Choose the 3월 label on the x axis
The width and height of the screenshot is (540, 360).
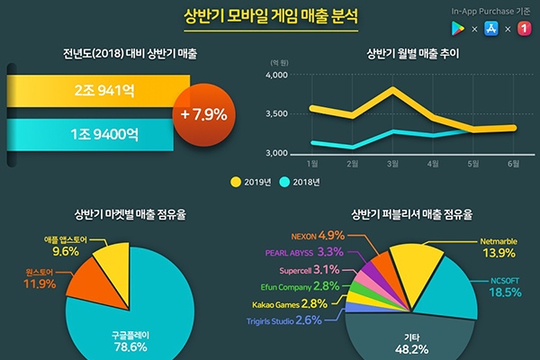tap(392, 164)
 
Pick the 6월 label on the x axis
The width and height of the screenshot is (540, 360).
tap(513, 164)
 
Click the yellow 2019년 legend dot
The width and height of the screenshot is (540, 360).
tap(236, 182)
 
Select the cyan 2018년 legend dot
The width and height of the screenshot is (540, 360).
tap(285, 182)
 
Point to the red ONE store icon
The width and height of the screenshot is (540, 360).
tap(522, 29)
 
